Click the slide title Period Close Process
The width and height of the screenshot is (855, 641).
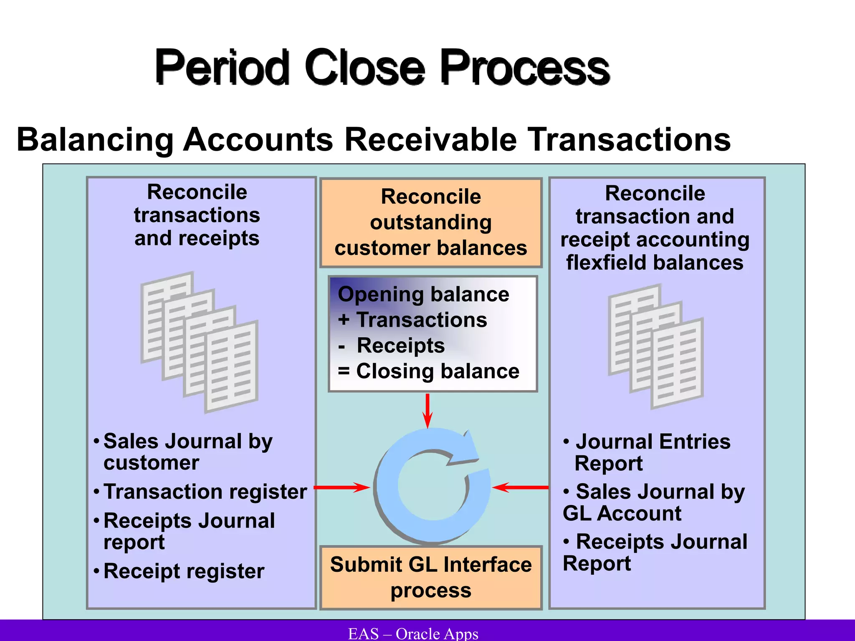(x=382, y=67)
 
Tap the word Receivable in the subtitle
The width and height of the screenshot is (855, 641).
(x=430, y=139)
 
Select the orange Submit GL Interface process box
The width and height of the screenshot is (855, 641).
(x=431, y=578)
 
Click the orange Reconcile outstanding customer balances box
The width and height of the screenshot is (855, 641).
(x=431, y=222)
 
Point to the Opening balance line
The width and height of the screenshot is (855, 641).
(x=423, y=295)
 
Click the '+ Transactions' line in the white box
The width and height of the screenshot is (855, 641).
(x=412, y=320)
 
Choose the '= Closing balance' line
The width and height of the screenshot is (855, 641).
(x=429, y=371)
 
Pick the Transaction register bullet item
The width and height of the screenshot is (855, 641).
(x=205, y=492)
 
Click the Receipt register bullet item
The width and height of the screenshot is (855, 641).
(x=184, y=571)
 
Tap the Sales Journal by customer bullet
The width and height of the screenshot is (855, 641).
(x=187, y=452)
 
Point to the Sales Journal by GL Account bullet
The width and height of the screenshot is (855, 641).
(x=654, y=502)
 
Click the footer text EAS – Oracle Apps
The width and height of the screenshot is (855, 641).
(x=413, y=633)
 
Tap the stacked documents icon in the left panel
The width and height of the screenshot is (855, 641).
(x=200, y=342)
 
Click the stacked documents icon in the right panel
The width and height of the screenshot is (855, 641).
(x=656, y=346)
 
